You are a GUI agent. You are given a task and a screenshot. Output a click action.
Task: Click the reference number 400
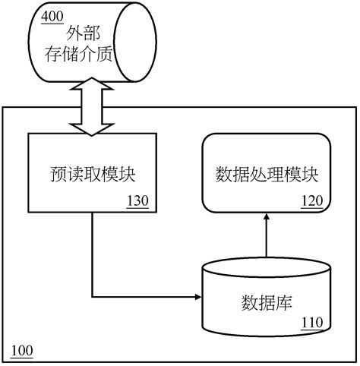[53, 17]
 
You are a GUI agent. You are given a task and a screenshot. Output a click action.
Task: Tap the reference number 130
[137, 201]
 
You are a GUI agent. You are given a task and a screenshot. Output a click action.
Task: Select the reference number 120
[312, 201]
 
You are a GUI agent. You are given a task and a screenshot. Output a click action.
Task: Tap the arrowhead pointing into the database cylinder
[197, 295]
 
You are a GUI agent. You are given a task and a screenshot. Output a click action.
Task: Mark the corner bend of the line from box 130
[92, 295]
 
